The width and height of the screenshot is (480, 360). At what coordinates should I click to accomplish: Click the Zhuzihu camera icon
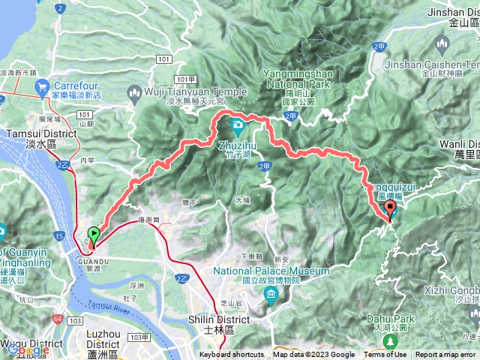tap(238, 123)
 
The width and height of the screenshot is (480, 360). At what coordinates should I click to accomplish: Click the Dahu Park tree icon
tap(389, 340)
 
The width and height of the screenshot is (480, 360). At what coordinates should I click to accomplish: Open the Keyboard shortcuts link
tap(232, 355)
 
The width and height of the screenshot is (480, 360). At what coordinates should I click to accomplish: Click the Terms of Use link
tap(385, 355)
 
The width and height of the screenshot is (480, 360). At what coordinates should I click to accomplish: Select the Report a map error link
tap(445, 355)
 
